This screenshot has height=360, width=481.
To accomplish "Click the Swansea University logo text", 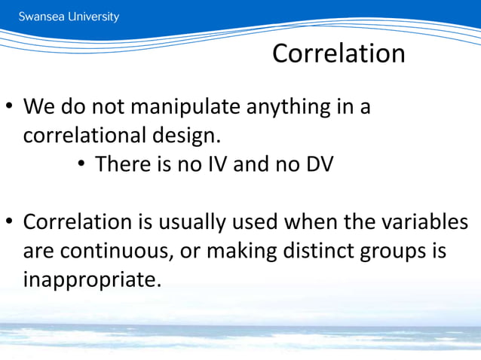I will [69, 17].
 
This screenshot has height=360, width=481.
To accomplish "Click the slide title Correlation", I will [339, 53].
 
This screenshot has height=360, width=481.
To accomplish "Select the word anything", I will [294, 107].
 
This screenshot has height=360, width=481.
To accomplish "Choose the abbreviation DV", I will [316, 164].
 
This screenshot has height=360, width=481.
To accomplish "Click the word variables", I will [419, 223].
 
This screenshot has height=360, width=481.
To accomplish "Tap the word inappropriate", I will [92, 280].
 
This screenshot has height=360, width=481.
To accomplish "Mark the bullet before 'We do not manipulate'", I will [10, 108].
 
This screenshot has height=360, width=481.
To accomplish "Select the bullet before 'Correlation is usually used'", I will [10, 224].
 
